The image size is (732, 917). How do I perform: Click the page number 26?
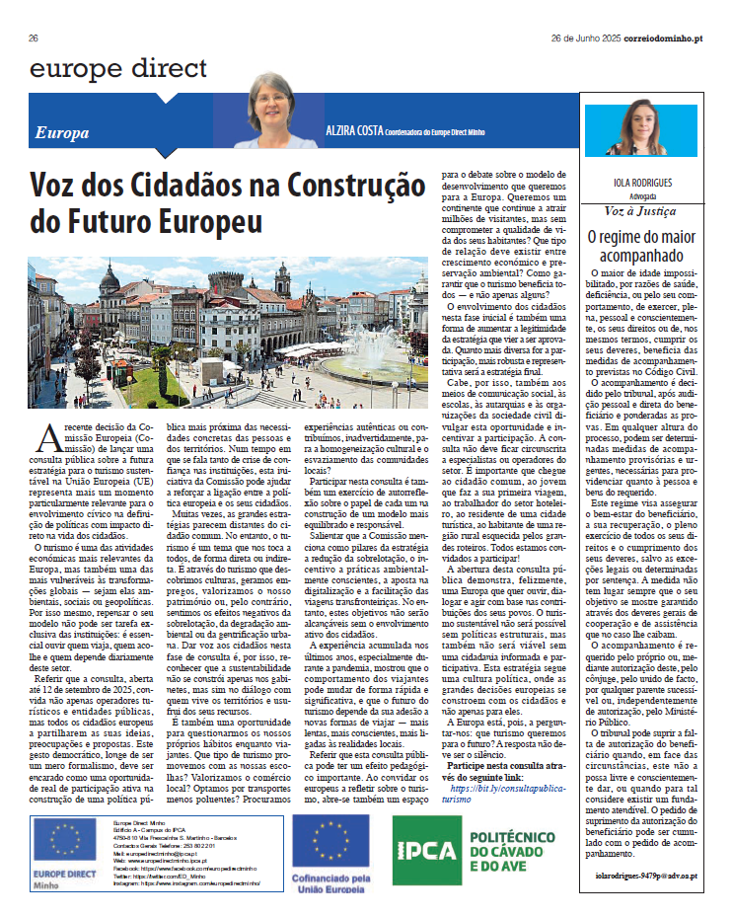(34, 38)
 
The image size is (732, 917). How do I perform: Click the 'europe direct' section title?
(118, 69)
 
